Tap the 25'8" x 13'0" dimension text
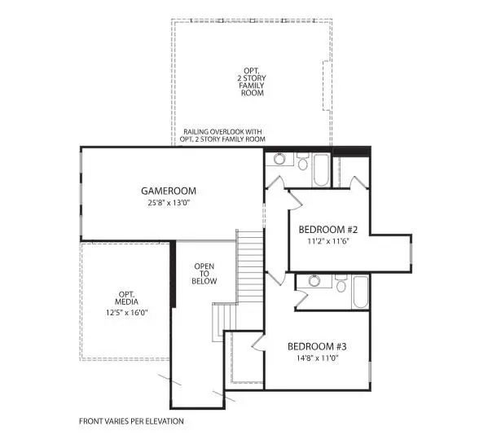[x=169, y=204]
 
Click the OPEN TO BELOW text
[x=204, y=274]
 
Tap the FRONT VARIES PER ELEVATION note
[x=131, y=421]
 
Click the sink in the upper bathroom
[x=280, y=160]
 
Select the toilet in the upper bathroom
[x=301, y=164]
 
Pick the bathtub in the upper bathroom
[x=321, y=169]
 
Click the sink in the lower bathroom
[x=310, y=282]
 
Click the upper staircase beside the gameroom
[x=249, y=264]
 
